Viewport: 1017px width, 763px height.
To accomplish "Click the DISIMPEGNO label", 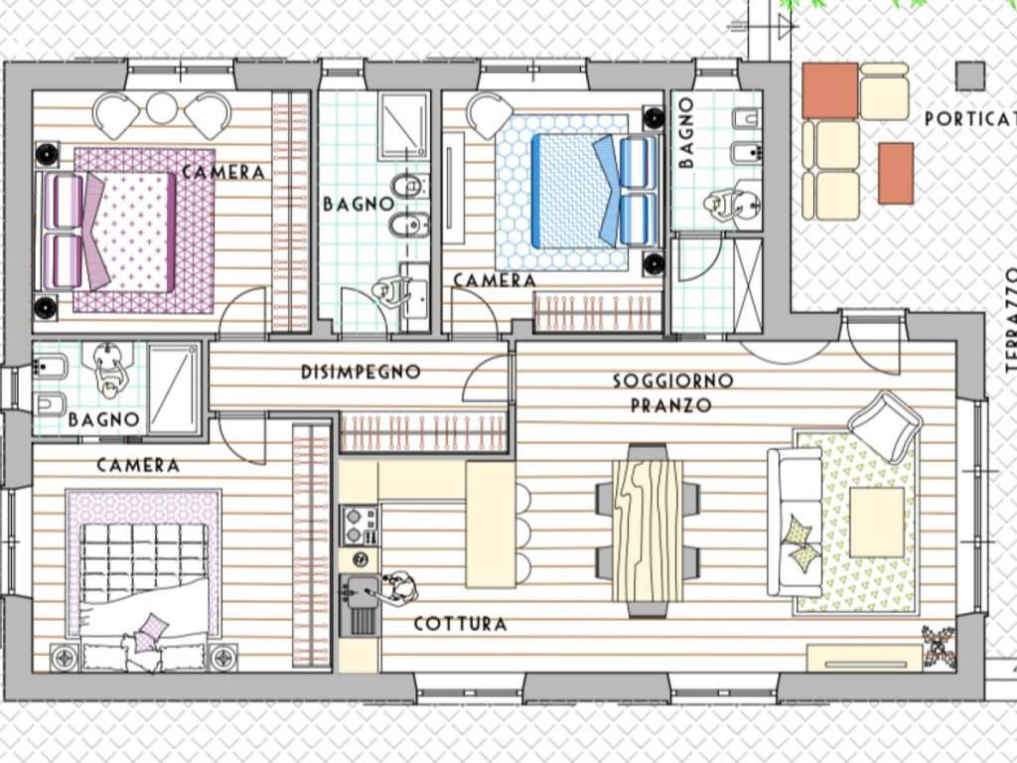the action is (361, 372).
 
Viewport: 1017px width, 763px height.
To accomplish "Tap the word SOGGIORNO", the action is (673, 381).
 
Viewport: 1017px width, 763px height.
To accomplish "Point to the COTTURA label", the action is (461, 624).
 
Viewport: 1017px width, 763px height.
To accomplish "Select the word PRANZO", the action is (671, 405).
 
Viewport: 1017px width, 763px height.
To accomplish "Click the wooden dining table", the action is (648, 531).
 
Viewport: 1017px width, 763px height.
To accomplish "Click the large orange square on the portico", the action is (830, 90).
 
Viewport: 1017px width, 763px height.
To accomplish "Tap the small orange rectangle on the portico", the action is (897, 174).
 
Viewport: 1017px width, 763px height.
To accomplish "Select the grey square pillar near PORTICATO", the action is (970, 76).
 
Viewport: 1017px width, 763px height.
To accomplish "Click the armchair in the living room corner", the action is (885, 426).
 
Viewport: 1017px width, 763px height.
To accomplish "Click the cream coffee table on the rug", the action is (877, 523).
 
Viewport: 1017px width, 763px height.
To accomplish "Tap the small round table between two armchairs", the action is (162, 108).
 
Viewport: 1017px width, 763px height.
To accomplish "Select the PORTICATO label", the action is (970, 119).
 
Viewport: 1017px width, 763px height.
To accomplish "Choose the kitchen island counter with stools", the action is (491, 525).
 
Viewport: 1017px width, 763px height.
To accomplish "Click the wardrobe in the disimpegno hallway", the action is (423, 432).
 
